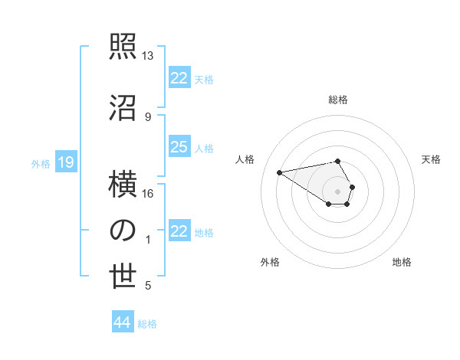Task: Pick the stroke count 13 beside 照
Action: (148, 56)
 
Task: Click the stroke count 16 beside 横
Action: (148, 193)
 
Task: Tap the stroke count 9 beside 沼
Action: (148, 116)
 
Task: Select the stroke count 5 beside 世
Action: (148, 286)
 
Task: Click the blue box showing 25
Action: (179, 147)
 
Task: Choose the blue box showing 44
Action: (122, 322)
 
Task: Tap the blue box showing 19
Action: (65, 162)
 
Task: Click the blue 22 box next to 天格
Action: (179, 78)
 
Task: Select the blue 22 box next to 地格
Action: (179, 231)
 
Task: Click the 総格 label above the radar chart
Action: (337, 100)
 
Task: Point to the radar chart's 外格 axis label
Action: (270, 262)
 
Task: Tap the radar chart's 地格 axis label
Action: (402, 262)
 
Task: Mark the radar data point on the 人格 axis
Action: (280, 172)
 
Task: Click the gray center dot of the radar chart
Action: (337, 191)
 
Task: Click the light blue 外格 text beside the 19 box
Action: (40, 163)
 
